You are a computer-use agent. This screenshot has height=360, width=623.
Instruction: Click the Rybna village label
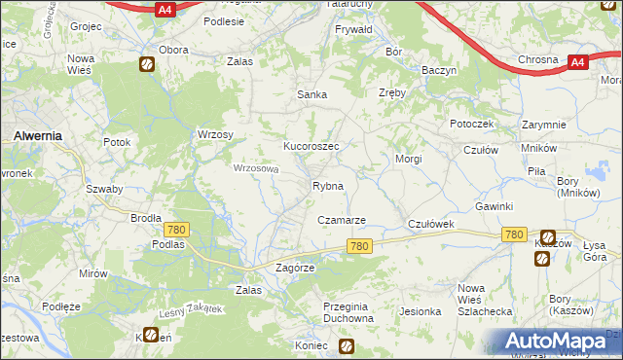(326, 186)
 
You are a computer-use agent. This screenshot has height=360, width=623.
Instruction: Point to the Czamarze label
(342, 221)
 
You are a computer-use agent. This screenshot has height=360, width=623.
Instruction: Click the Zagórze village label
(296, 268)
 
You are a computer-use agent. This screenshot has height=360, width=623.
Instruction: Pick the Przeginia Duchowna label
(348, 311)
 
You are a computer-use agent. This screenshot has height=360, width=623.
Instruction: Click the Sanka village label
(311, 94)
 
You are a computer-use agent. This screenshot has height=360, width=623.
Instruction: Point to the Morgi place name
(407, 158)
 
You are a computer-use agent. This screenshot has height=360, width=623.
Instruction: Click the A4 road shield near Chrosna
(576, 62)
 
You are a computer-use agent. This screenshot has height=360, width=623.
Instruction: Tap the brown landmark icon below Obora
(146, 66)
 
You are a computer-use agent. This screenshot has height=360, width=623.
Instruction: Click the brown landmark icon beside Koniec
(347, 345)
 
